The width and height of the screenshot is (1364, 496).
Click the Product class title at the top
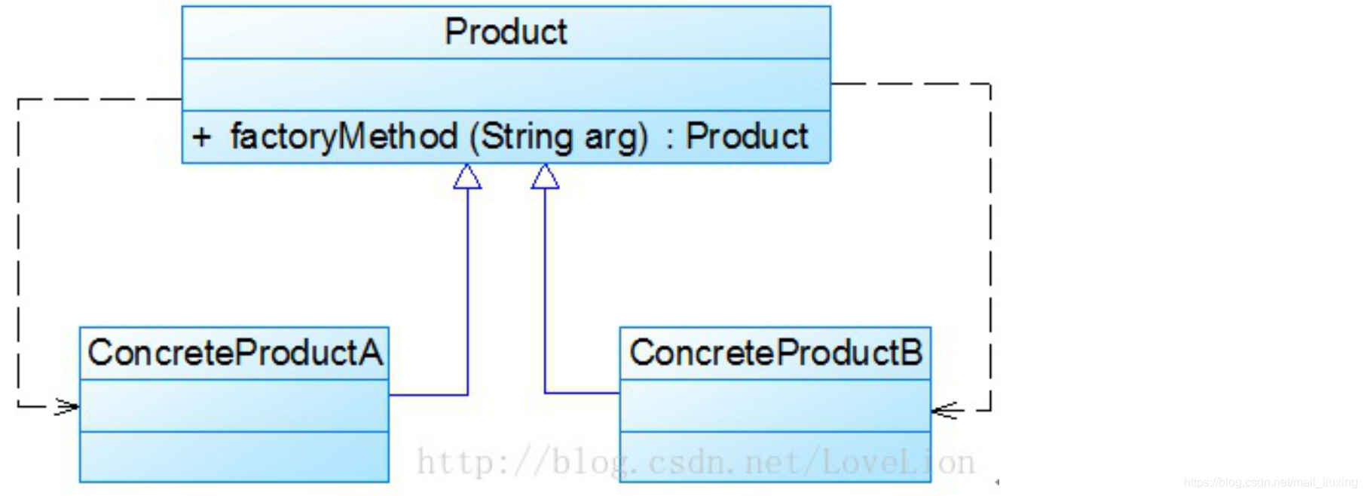tap(506, 32)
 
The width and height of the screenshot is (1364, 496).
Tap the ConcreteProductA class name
tap(234, 353)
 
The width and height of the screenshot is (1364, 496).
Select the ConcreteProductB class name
tap(775, 353)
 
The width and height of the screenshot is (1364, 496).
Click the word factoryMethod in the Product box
tap(344, 136)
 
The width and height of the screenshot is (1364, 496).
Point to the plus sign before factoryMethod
tap(201, 137)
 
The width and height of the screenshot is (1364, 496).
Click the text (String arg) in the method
tap(558, 137)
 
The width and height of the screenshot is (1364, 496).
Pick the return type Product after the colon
tap(746, 136)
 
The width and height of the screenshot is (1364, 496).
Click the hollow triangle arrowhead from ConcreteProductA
tap(467, 177)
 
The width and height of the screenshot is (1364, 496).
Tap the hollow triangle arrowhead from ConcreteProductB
tap(545, 177)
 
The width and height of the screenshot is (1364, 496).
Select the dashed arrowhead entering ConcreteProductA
tap(68, 407)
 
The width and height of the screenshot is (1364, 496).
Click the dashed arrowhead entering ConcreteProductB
tap(945, 410)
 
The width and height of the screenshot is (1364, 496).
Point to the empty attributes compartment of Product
tap(506, 84)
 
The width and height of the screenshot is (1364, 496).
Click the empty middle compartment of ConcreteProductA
tap(234, 406)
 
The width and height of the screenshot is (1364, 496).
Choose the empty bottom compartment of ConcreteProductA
tap(234, 457)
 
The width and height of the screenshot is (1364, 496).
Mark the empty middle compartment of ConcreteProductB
tap(775, 406)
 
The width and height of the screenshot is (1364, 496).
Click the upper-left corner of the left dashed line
tap(19, 99)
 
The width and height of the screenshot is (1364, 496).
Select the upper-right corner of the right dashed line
tap(990, 84)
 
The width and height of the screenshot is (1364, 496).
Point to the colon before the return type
tap(669, 138)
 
